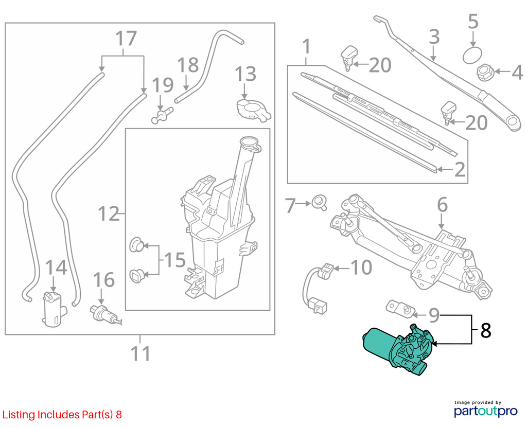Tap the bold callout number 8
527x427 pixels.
pos(486,331)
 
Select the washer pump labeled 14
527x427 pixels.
pos(54,309)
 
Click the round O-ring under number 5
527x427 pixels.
pos(472,55)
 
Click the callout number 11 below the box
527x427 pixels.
pos(140,353)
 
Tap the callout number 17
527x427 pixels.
pos(126,38)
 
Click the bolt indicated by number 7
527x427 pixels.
pos(319,202)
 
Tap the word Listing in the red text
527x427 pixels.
pos(19,415)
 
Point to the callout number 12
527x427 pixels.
pos(109,213)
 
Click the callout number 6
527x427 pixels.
pos(442,205)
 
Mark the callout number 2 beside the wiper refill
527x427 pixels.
pos(460,169)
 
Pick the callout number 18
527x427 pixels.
pos(188,65)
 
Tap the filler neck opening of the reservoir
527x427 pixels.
pos(250,143)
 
